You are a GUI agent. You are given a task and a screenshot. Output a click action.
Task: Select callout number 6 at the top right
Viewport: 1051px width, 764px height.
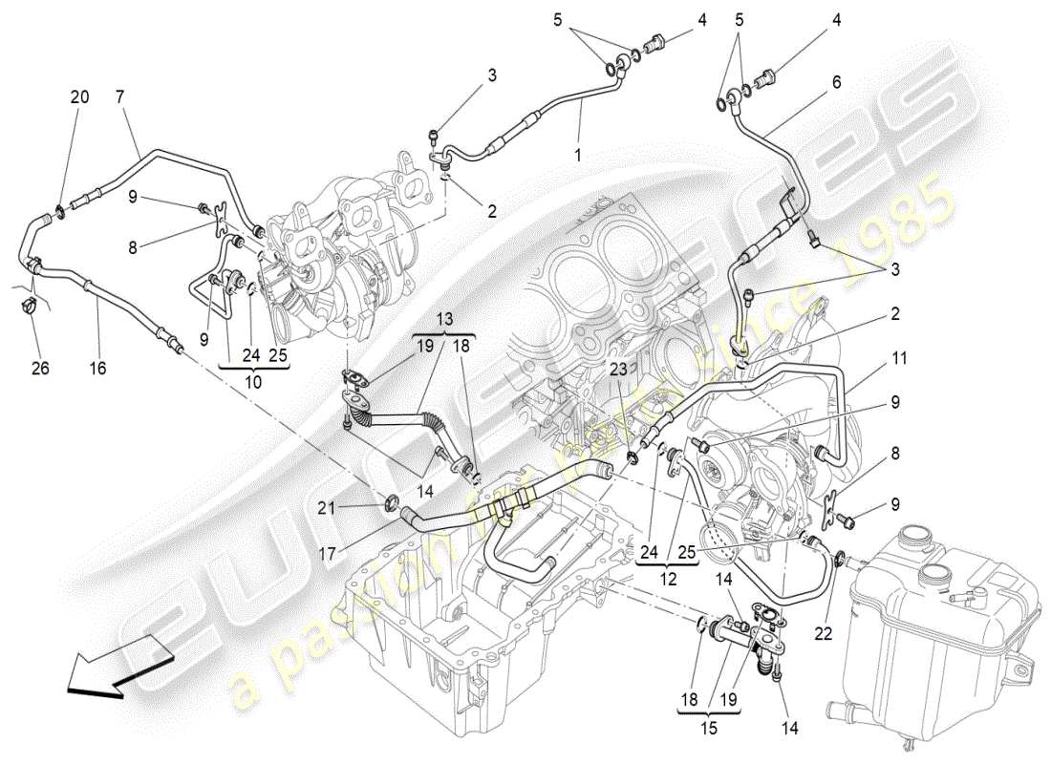(x=836, y=82)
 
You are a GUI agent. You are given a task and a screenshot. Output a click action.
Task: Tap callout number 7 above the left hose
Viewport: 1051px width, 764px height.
(x=120, y=96)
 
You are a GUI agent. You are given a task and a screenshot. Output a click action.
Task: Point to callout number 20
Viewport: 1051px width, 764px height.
(x=79, y=96)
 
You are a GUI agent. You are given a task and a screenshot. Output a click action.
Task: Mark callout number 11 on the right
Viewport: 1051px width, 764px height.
(x=900, y=359)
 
